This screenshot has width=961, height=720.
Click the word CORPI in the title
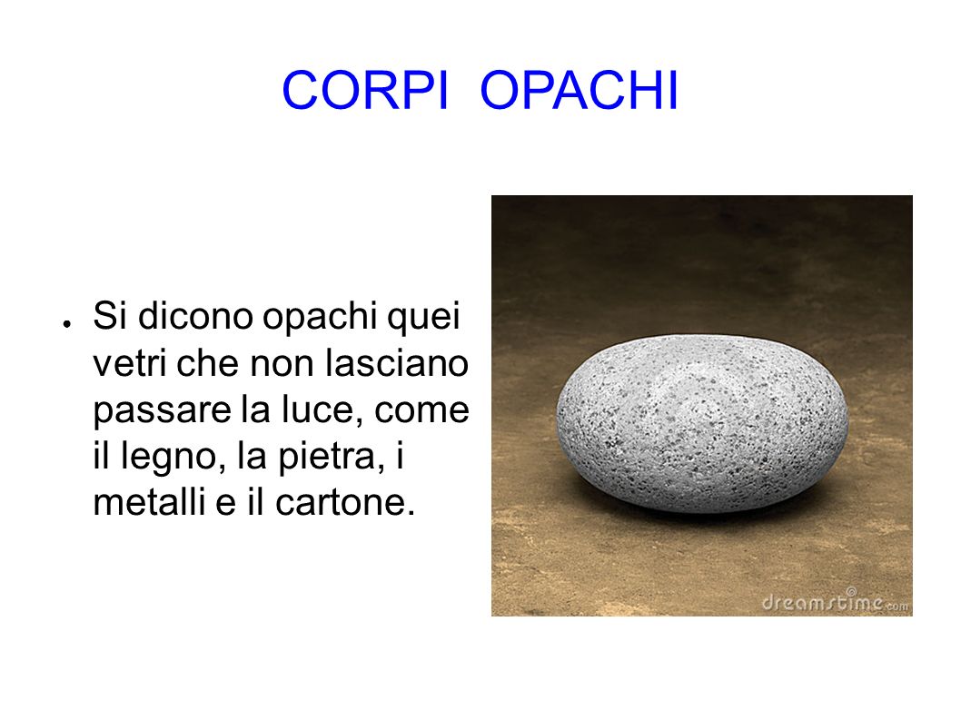[365, 90]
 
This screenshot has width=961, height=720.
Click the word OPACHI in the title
[580, 90]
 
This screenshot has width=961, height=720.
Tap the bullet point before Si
[66, 323]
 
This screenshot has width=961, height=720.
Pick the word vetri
[129, 363]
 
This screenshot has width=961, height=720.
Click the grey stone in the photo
[702, 423]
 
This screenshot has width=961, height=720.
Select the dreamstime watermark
[835, 602]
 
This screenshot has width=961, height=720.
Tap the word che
[208, 363]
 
